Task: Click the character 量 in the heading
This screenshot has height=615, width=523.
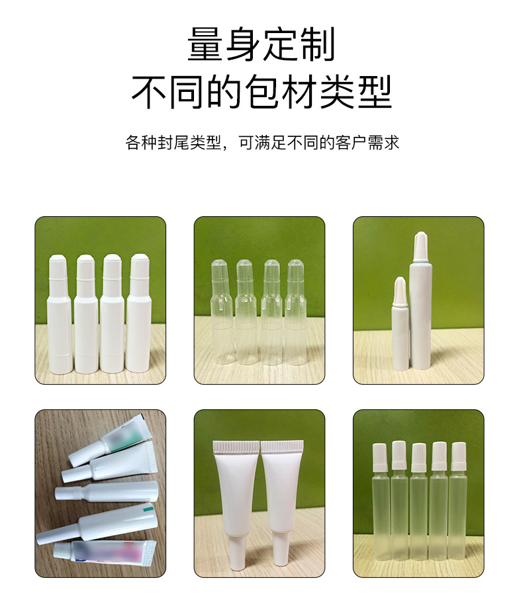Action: tap(205, 44)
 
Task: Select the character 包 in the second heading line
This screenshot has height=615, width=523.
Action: tap(261, 92)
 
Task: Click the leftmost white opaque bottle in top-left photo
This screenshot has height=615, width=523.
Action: tap(60, 314)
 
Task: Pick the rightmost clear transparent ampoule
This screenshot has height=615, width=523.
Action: tap(296, 313)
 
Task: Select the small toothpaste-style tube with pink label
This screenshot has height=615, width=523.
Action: tap(105, 554)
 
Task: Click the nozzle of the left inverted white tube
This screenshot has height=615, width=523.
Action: tap(236, 550)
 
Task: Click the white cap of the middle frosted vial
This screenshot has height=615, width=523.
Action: tap(418, 458)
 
